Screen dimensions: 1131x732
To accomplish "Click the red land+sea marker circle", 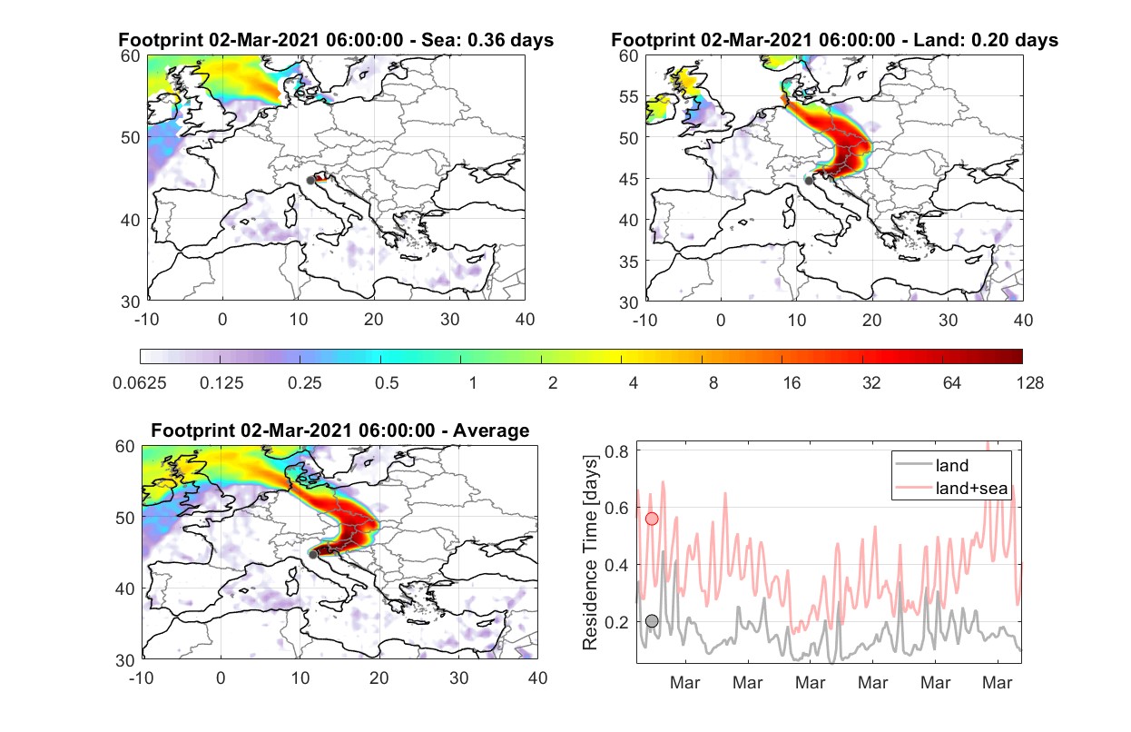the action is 652,519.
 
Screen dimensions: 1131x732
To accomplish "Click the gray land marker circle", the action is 652,621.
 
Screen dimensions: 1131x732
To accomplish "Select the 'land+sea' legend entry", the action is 951,488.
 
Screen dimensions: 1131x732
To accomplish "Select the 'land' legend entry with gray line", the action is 932,465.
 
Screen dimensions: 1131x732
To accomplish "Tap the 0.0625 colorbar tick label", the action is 140,383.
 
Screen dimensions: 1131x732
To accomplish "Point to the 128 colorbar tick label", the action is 1029,383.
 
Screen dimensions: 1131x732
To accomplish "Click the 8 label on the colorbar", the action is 713,383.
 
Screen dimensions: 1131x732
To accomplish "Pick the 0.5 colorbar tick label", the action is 387,383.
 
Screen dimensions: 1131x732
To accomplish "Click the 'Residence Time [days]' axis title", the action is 590,553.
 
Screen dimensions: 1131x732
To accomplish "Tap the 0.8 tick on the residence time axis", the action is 616,451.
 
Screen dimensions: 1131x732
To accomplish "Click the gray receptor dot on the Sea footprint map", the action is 310,181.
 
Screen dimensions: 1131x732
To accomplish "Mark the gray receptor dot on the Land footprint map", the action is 809,181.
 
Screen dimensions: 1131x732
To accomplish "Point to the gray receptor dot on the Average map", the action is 313,555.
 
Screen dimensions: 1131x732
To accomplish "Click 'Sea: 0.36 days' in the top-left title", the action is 487,40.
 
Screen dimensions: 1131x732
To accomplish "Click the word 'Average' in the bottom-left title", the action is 491,430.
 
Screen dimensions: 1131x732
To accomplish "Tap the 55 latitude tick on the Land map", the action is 629,96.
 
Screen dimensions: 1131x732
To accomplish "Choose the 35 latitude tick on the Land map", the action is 629,262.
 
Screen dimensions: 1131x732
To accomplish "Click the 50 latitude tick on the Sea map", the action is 131,137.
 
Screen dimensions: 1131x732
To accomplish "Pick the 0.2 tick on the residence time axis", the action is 616,622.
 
